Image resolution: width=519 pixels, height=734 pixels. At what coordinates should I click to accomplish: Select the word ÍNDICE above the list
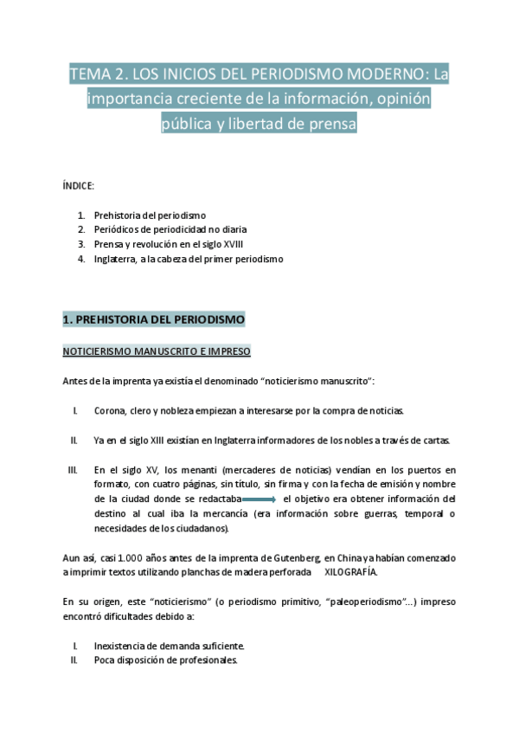(x=79, y=186)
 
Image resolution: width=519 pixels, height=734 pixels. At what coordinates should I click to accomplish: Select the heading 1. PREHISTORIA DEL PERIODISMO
(x=154, y=320)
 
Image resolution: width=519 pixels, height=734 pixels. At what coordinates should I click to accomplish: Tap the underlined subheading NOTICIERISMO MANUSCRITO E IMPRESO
(x=157, y=352)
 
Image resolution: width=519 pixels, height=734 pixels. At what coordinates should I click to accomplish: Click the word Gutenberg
(x=293, y=557)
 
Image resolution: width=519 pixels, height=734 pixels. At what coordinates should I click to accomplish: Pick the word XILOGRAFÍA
(x=350, y=572)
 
